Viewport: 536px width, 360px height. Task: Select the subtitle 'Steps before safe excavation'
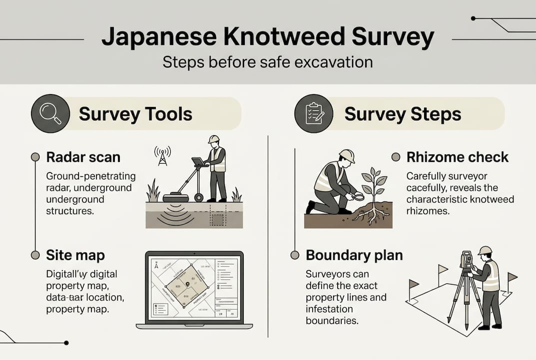[267, 63]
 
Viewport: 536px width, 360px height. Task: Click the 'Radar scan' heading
[83, 157]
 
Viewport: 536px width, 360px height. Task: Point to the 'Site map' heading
[75, 255]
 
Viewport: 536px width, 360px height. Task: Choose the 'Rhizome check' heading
[457, 157]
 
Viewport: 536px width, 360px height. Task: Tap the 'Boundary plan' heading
[354, 255]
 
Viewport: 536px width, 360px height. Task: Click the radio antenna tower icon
[162, 156]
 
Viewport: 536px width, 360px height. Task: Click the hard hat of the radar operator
[214, 139]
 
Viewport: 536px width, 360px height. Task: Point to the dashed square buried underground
[218, 218]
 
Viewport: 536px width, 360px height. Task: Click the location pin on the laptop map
[187, 284]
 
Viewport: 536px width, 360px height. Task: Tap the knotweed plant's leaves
[373, 180]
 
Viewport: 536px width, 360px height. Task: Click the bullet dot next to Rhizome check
[396, 157]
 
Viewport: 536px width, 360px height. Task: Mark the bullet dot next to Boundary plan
[295, 255]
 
